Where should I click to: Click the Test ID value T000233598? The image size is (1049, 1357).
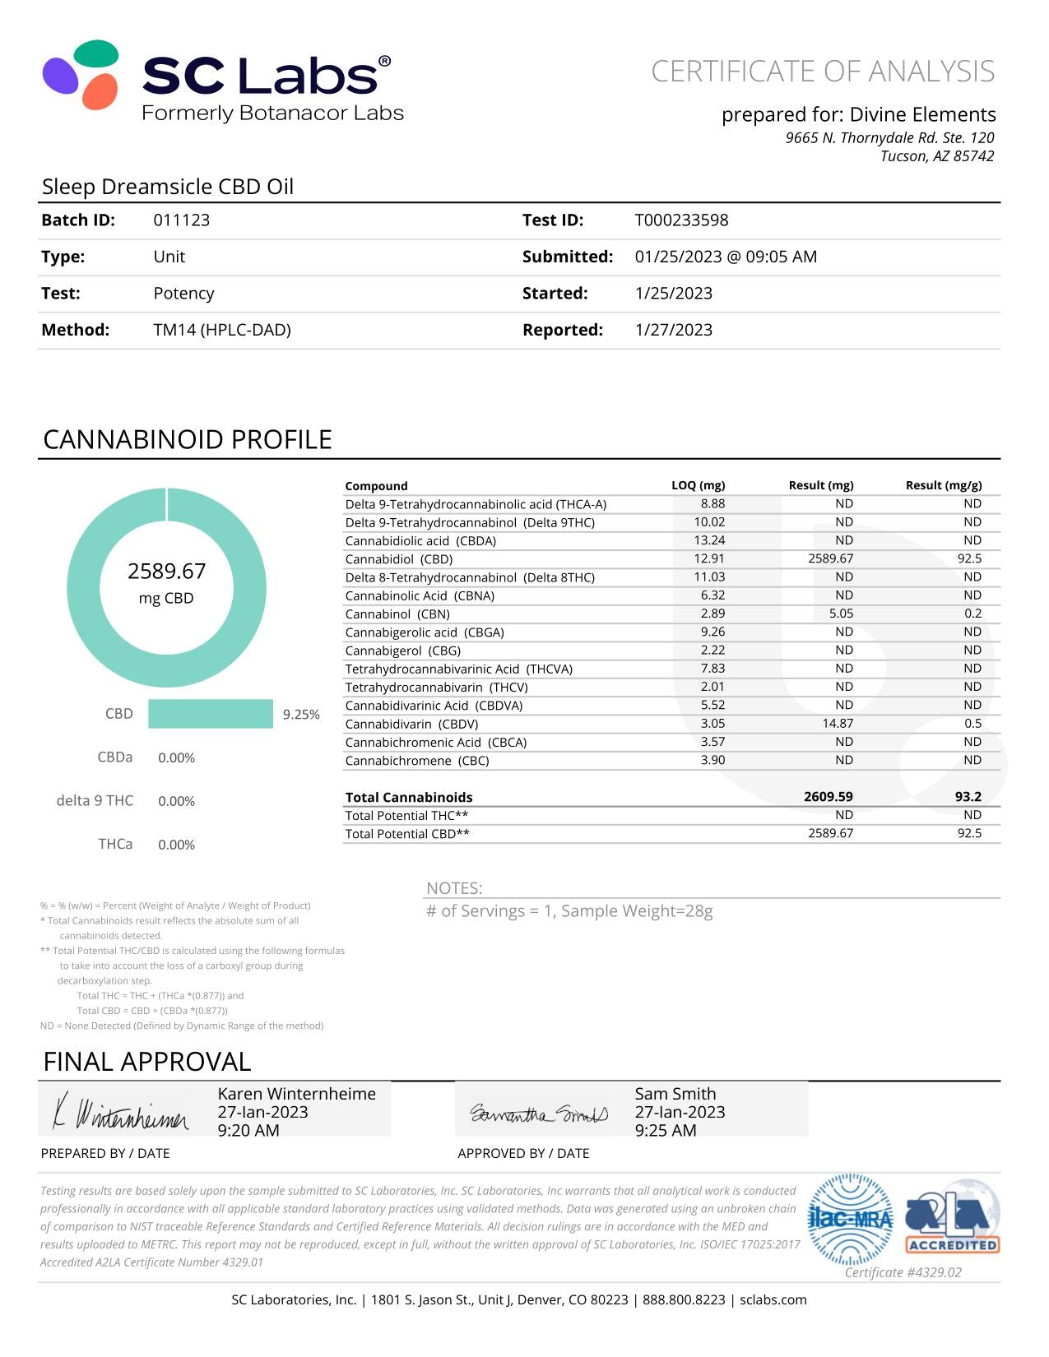(x=681, y=220)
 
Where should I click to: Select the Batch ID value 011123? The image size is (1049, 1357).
(x=181, y=220)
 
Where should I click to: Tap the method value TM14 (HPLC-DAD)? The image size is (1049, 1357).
(x=222, y=330)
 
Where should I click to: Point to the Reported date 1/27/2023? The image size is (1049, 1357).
(x=673, y=330)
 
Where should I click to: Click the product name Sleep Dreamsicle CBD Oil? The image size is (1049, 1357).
(x=168, y=187)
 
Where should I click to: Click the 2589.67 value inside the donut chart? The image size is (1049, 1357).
(x=166, y=572)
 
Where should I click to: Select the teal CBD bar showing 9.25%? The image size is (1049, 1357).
(x=211, y=714)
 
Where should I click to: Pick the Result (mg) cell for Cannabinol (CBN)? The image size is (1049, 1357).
(x=841, y=614)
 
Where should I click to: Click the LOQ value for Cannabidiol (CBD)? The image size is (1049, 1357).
(x=709, y=558)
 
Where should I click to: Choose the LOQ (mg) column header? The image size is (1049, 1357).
(x=698, y=485)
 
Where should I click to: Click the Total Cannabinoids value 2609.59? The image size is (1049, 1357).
(x=828, y=797)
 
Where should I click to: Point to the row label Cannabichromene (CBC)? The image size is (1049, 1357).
(x=417, y=761)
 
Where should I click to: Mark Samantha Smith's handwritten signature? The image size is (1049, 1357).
(x=538, y=1114)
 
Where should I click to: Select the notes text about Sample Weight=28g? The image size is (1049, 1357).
(x=569, y=911)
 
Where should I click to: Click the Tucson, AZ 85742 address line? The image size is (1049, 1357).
(x=936, y=156)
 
